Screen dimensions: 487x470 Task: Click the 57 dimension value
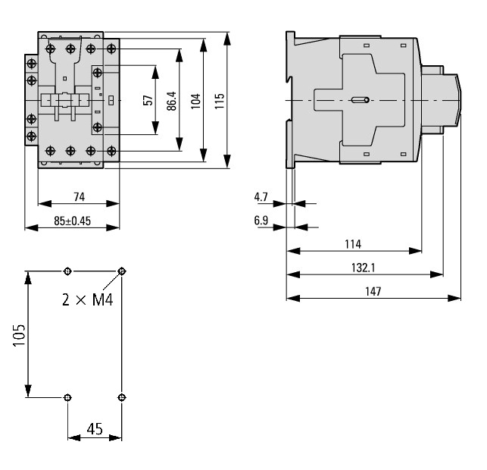coord(148,100)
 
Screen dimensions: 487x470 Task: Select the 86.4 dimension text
coord(171,101)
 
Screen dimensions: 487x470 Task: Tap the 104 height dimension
coord(195,101)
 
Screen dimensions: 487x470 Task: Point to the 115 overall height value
coord(220,101)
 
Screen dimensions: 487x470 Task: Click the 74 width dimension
coord(80,197)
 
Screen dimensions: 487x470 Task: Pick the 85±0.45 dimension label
coord(73,221)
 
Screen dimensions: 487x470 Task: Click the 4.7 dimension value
coord(261,197)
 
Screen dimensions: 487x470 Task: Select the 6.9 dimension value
coord(261,221)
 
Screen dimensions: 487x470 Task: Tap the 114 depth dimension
coord(353,244)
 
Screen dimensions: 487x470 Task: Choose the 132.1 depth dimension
coord(363,268)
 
